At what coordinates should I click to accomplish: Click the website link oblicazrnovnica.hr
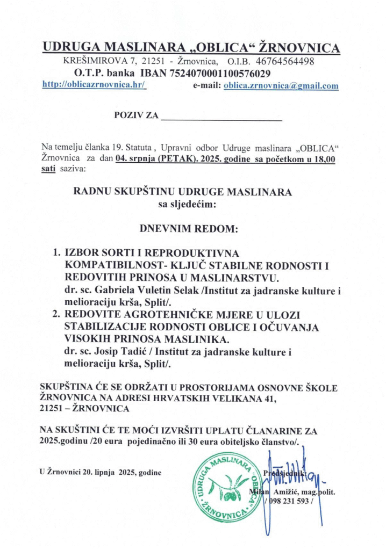(x=94, y=85)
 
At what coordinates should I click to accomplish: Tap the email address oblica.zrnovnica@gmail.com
(x=281, y=85)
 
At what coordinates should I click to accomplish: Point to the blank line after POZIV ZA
(x=221, y=117)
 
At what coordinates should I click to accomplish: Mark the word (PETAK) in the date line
(x=174, y=159)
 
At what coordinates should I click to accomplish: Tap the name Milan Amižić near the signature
(x=273, y=491)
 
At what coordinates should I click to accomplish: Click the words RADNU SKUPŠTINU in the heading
(x=128, y=191)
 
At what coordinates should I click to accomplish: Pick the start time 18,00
(x=324, y=159)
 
